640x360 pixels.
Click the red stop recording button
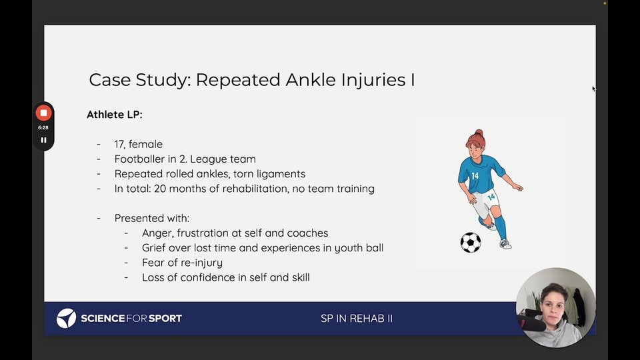tap(44, 113)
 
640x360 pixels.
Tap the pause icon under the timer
tap(44, 140)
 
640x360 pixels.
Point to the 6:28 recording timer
tap(43, 128)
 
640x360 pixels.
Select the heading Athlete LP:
tap(115, 115)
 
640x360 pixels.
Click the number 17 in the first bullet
tap(119, 144)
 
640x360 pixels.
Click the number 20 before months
tap(159, 189)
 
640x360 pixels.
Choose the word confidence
tap(207, 277)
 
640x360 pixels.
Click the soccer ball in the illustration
tap(471, 243)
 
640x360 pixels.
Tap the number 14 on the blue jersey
tap(475, 176)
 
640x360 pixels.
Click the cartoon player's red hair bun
tap(479, 133)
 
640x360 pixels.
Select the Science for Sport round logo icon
tap(66, 319)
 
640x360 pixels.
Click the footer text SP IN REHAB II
tap(357, 319)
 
